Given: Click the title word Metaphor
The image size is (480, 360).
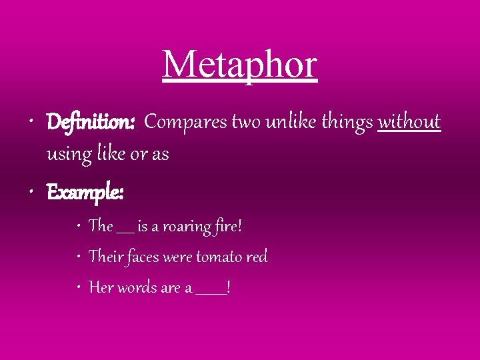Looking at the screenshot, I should pyautogui.click(x=240, y=65).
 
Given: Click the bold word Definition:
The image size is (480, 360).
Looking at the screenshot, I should pyautogui.click(x=91, y=123).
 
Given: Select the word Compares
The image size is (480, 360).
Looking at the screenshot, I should pyautogui.click(x=185, y=122).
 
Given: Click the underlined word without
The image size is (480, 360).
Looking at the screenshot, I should pyautogui.click(x=409, y=122).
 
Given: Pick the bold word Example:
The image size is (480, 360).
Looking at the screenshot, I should pyautogui.click(x=85, y=193).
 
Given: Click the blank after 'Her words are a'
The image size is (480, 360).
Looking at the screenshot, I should pyautogui.click(x=211, y=292).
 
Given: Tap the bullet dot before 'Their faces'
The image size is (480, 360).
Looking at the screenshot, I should pyautogui.click(x=79, y=257).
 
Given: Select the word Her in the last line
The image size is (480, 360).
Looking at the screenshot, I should pyautogui.click(x=101, y=287).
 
